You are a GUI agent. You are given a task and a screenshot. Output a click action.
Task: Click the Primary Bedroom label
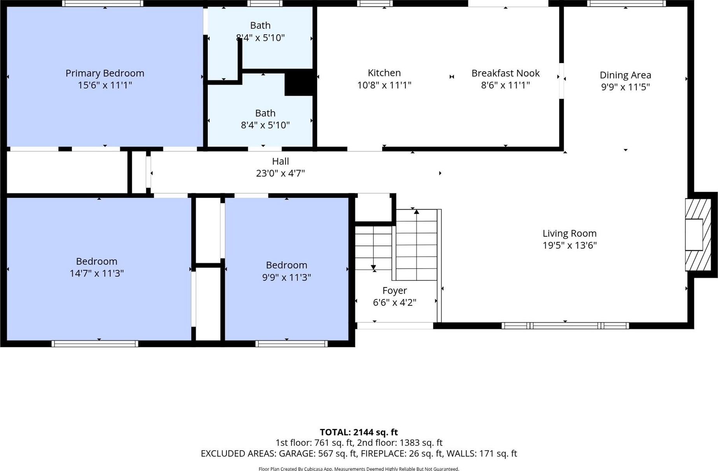(x=105, y=73)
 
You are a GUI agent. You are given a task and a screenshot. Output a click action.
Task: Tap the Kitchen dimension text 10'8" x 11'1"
(x=384, y=85)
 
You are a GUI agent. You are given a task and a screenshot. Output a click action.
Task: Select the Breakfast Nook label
(x=505, y=73)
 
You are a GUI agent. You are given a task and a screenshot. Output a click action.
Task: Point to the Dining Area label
(x=625, y=75)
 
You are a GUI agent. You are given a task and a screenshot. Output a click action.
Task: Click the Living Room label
(x=569, y=233)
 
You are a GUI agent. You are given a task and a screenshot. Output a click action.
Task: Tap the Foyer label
(x=394, y=291)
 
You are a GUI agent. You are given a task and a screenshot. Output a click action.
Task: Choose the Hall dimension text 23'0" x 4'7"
(x=280, y=173)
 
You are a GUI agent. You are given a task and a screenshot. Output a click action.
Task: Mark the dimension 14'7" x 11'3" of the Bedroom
(x=96, y=273)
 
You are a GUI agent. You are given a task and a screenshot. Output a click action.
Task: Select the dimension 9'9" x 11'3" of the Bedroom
(x=286, y=277)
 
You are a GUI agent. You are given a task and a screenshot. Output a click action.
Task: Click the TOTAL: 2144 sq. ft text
(x=359, y=432)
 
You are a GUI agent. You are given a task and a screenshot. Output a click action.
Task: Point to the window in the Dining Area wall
(x=626, y=4)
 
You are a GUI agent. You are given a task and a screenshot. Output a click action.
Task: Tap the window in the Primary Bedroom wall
(x=103, y=4)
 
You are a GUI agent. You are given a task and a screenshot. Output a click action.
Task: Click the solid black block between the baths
(x=299, y=82)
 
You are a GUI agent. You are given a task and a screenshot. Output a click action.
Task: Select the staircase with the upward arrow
(x=417, y=245)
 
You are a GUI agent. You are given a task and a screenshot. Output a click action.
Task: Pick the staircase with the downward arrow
(x=373, y=248)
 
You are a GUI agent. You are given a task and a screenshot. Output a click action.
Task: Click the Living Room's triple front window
(x=565, y=326)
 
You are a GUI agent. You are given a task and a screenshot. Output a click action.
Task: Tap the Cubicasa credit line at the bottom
(x=359, y=469)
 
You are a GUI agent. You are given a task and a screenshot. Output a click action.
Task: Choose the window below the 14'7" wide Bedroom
(x=95, y=344)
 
